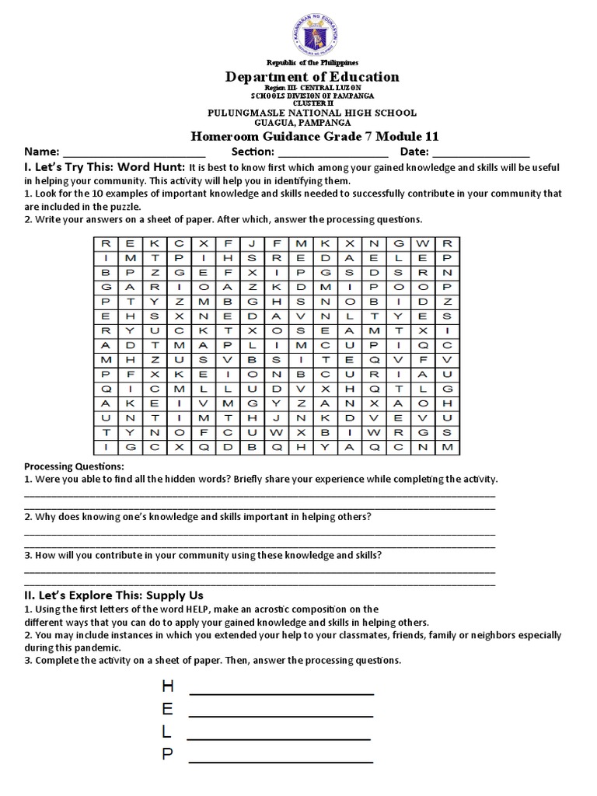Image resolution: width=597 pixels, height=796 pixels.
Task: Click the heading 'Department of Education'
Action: pos(312,76)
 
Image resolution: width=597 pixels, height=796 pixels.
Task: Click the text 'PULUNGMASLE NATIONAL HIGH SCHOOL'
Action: pos(312,113)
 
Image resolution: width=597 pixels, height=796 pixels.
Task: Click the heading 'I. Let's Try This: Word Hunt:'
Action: pos(105,167)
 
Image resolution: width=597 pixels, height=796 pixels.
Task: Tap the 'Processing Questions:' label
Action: pos(75,466)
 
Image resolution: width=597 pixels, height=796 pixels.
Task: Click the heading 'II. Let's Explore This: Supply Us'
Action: pos(114,595)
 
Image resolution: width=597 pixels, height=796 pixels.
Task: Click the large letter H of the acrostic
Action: pos(166,686)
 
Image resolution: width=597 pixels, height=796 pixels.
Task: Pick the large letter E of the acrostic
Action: pos(166,708)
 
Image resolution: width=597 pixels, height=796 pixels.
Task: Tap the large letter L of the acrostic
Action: pos(166,731)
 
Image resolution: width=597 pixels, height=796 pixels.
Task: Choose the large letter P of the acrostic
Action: pos(166,753)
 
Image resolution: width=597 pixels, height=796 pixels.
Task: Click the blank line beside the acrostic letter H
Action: pos(281,693)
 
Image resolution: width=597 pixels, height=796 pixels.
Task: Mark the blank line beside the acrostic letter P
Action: pos(281,761)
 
